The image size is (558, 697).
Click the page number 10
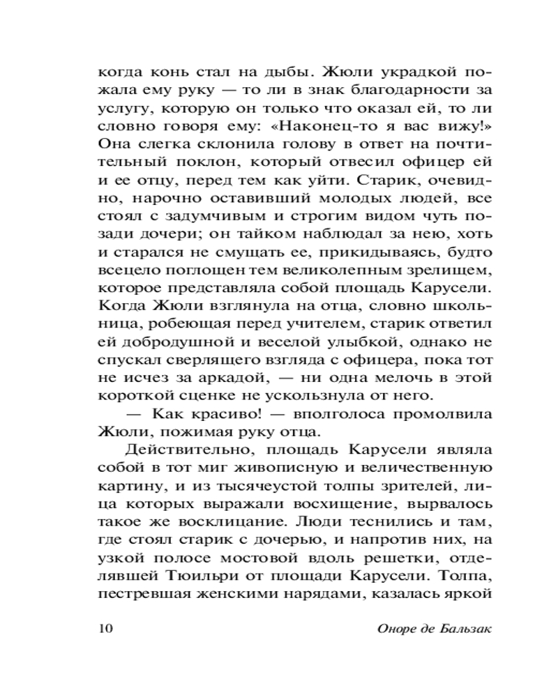[105, 628]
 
